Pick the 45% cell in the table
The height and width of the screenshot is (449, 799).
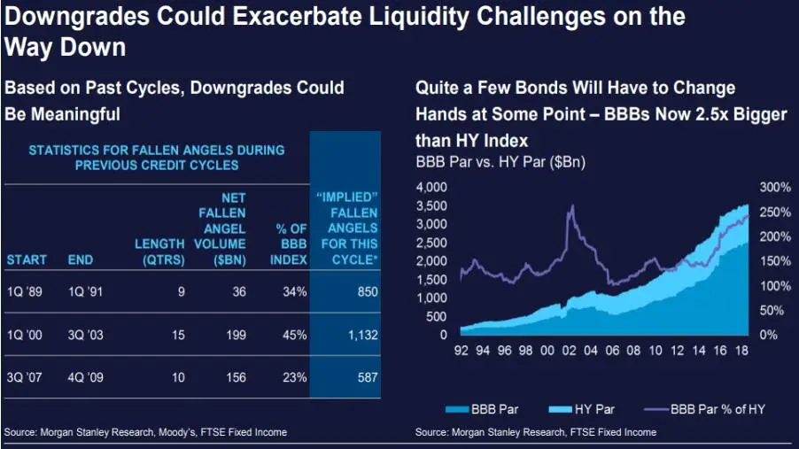tap(295, 335)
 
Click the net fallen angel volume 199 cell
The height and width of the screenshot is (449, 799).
tap(234, 335)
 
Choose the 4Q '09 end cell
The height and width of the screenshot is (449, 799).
tap(87, 377)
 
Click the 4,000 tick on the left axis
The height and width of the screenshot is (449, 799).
tap(432, 188)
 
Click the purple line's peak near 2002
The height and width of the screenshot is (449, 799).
tap(572, 206)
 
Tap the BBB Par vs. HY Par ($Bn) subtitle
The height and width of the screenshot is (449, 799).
tap(500, 163)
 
